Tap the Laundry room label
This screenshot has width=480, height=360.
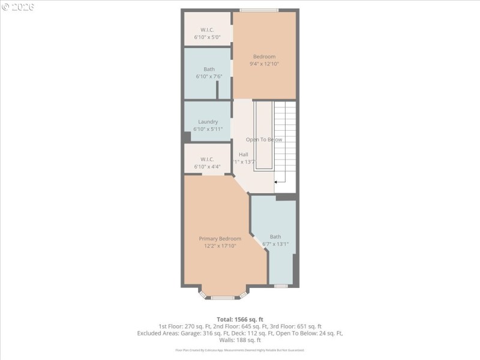pyautogui.click(x=208, y=122)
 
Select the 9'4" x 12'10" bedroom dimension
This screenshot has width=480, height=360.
pyautogui.click(x=264, y=64)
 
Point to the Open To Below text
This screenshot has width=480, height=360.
pyautogui.click(x=264, y=139)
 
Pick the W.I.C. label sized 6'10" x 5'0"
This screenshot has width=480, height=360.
pyautogui.click(x=208, y=30)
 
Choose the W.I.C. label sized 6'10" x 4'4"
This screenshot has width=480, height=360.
pyautogui.click(x=208, y=159)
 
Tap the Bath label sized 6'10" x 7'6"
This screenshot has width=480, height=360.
pyautogui.click(x=209, y=69)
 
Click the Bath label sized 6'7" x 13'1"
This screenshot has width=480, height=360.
pyautogui.click(x=275, y=236)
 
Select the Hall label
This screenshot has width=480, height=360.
pyautogui.click(x=244, y=154)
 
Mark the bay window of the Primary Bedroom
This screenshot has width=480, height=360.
pyautogui.click(x=223, y=296)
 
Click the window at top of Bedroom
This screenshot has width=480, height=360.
pyautogui.click(x=259, y=10)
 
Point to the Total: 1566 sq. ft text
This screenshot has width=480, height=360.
pyautogui.click(x=239, y=319)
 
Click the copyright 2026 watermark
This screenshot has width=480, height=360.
pyautogui.click(x=18, y=7)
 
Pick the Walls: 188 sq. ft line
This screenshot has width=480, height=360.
pyautogui.click(x=239, y=340)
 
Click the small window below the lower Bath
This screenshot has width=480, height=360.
pyautogui.click(x=281, y=286)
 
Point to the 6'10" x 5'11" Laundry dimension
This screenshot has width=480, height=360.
pyautogui.click(x=208, y=129)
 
